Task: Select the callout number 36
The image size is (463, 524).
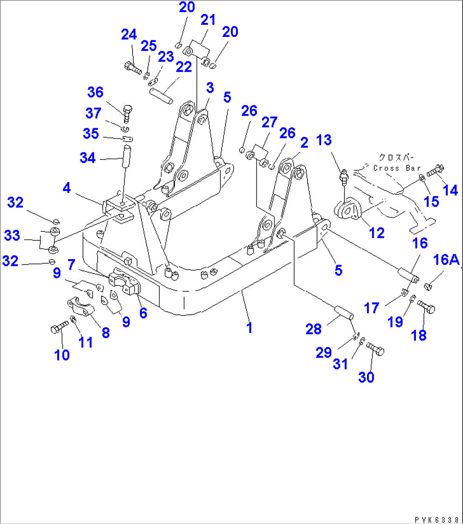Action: [x=96, y=92]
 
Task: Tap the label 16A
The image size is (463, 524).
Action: [x=446, y=259]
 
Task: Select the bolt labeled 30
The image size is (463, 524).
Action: [x=375, y=349]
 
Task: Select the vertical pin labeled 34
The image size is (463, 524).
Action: [x=126, y=157]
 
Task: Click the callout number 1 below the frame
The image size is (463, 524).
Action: [x=249, y=328]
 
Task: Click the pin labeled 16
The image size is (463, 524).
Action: [x=408, y=275]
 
